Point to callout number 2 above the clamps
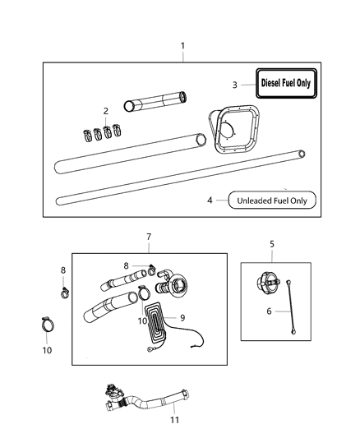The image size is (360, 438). click(104, 110)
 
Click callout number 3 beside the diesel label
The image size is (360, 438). click(233, 84)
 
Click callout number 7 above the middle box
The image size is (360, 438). click(148, 237)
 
